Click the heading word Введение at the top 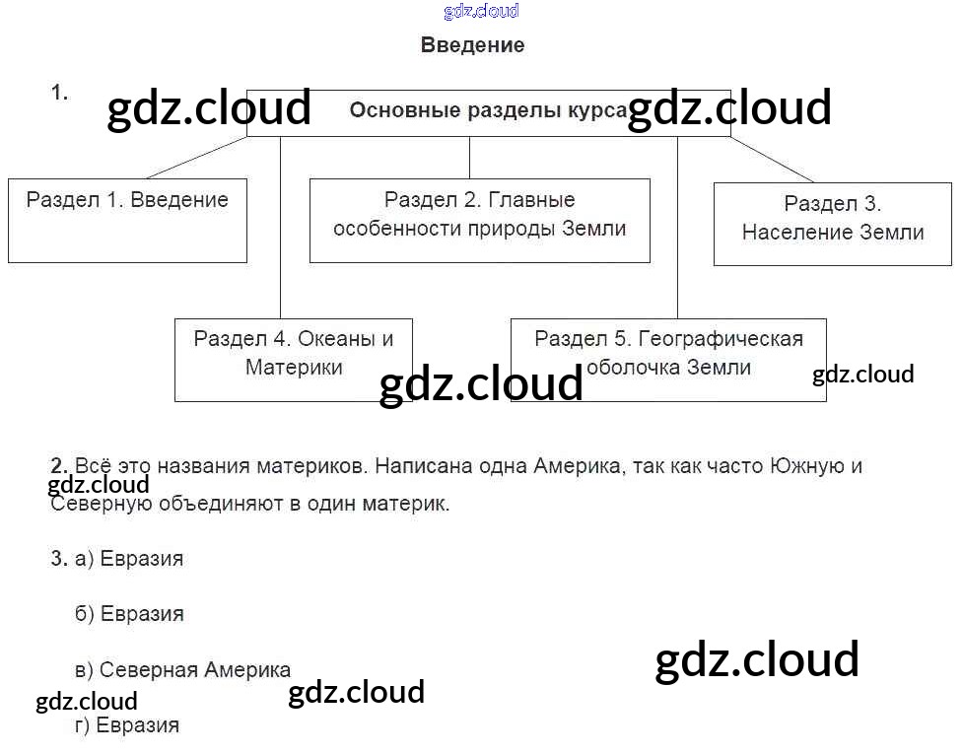(x=472, y=45)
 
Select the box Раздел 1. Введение (x=127, y=220)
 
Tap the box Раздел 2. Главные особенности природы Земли (x=479, y=220)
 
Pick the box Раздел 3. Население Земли (x=832, y=223)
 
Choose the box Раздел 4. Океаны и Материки (x=293, y=359)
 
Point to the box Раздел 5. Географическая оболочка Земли (x=667, y=359)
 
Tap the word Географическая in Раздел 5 (x=720, y=339)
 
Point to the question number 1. (x=59, y=93)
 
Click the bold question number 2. (x=59, y=465)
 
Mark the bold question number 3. (x=58, y=559)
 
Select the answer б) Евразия (x=129, y=614)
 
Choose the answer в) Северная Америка (x=182, y=670)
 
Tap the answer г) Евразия (x=127, y=726)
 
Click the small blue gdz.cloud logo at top (x=481, y=12)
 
